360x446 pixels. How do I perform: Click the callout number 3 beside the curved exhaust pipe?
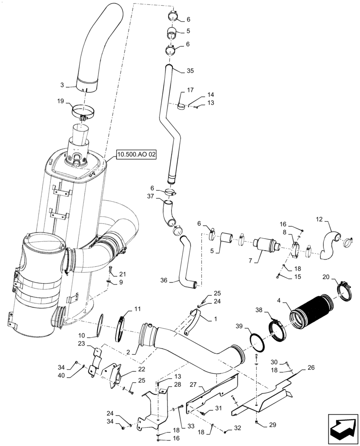click(x=62, y=84)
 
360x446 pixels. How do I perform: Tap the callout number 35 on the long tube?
click(x=190, y=70)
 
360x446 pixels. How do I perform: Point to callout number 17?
click(x=190, y=90)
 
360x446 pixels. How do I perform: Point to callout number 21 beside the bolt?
click(x=123, y=274)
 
